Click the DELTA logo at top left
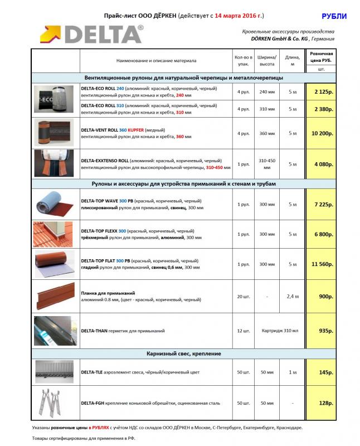pyautogui.click(x=91, y=34)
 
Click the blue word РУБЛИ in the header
pyautogui.click(x=334, y=17)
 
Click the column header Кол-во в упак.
pyautogui.click(x=243, y=60)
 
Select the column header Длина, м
pyautogui.click(x=293, y=60)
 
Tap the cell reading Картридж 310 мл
pyautogui.click(x=280, y=331)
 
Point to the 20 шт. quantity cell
pyautogui.click(x=243, y=296)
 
